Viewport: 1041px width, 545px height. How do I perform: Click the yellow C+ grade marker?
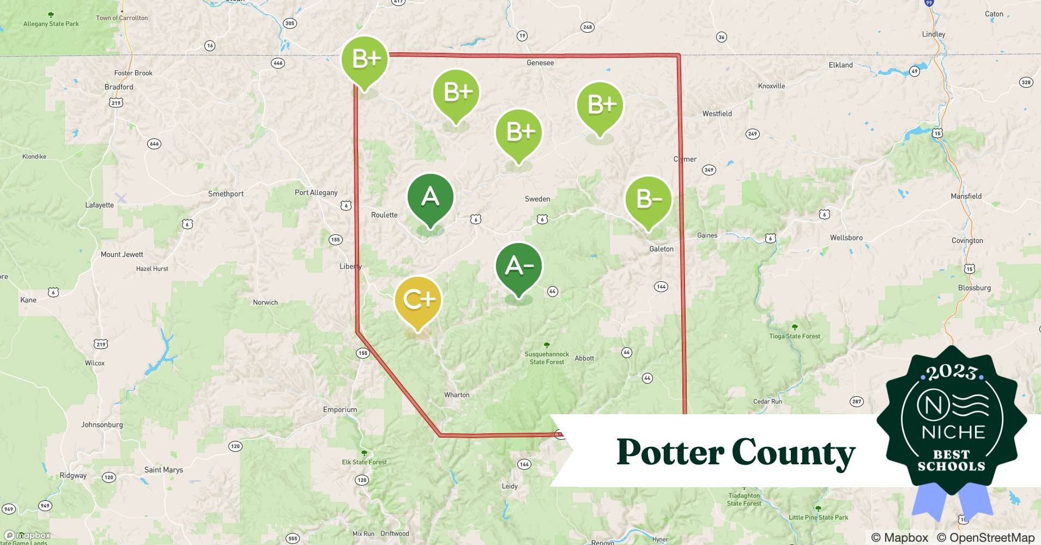point(417,300)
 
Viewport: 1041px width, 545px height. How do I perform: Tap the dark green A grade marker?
point(431,197)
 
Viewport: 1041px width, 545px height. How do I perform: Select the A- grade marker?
point(519,266)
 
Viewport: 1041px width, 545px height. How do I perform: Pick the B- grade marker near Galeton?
point(648,199)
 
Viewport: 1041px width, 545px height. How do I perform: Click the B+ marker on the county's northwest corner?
point(365,59)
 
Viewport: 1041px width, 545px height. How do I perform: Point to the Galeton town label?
point(661,249)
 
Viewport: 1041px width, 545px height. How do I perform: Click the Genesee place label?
point(540,63)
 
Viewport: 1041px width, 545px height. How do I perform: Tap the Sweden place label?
point(537,199)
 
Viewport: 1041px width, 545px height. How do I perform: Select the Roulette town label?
point(384,215)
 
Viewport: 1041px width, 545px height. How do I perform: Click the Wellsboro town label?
point(846,238)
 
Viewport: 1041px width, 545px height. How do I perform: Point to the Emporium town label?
point(340,410)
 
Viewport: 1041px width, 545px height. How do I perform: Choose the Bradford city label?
point(119,87)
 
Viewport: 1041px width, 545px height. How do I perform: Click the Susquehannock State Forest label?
point(547,358)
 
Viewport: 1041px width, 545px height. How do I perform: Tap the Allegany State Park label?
point(51,24)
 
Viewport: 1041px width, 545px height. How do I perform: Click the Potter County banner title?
point(735,452)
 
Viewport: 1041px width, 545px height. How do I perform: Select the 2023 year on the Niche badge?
point(952,372)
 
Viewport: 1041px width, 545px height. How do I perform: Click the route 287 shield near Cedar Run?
point(856,402)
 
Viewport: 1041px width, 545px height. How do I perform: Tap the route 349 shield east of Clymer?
point(709,170)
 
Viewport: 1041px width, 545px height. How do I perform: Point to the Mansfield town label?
point(966,196)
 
